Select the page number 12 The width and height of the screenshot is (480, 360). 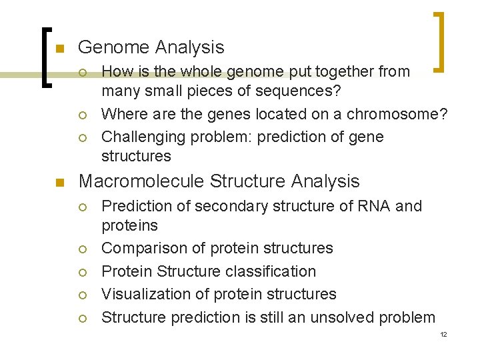(x=443, y=334)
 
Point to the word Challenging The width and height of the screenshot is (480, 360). (x=141, y=137)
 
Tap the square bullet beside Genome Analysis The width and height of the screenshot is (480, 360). (x=58, y=49)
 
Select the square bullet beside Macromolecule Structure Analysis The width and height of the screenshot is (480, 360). (x=58, y=183)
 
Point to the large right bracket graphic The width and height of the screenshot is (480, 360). (x=440, y=41)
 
